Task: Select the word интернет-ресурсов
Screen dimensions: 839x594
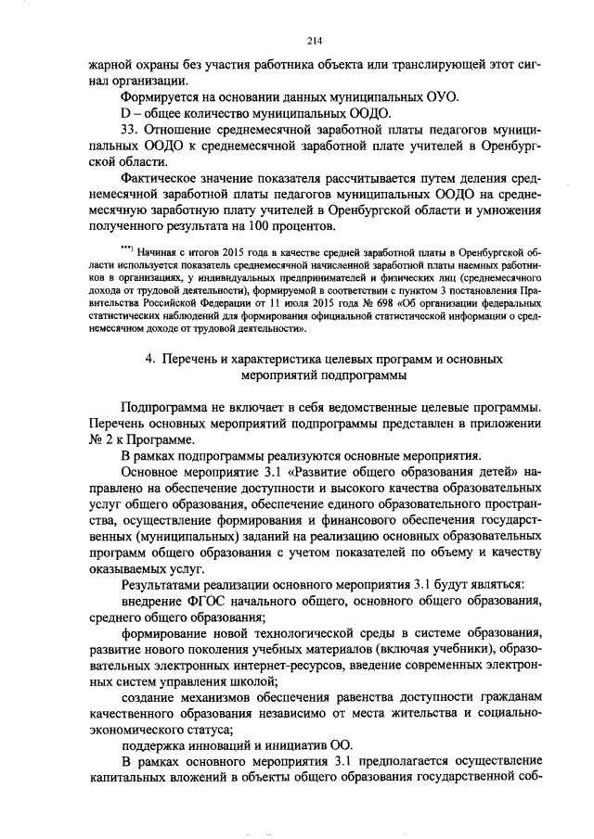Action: click(x=286, y=667)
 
